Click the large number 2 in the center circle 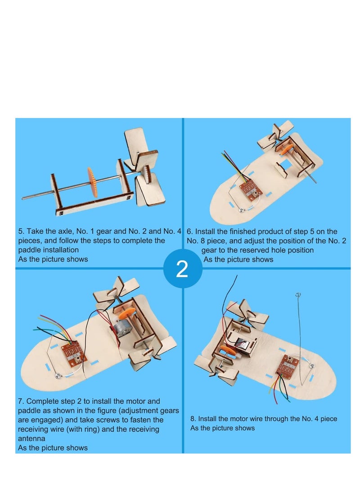[x=182, y=270]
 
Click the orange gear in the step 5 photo [x=92, y=182]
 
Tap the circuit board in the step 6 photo [x=249, y=189]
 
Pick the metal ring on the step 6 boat [x=242, y=210]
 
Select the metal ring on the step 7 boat [x=57, y=376]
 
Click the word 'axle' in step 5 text [x=73, y=231]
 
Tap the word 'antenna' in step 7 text [x=32, y=438]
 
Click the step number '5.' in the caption [x=21, y=231]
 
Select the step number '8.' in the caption [x=193, y=419]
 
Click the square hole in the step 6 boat [x=283, y=171]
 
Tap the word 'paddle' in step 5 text [x=31, y=250]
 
